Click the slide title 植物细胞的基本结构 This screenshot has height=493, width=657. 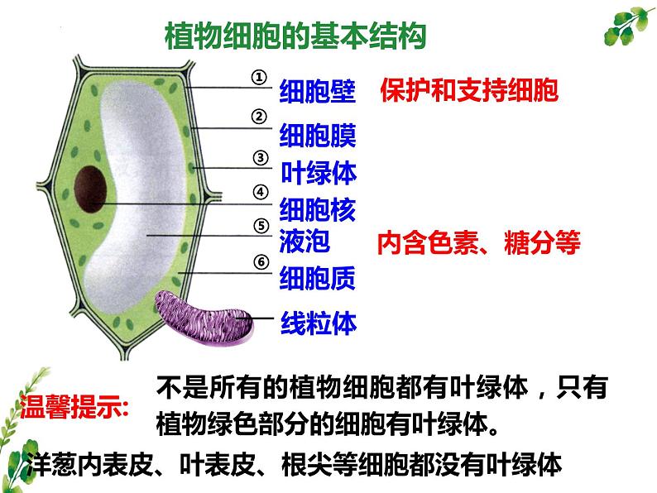[295, 37]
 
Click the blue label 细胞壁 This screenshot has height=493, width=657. [319, 90]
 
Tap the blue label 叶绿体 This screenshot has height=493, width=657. [319, 172]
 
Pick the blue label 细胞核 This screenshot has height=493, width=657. [319, 209]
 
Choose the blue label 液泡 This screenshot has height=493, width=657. [305, 241]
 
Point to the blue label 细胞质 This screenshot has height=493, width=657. [319, 279]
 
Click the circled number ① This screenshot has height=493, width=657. [260, 76]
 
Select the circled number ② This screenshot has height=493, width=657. [259, 117]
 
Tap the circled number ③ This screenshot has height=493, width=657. [260, 157]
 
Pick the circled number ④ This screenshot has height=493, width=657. [261, 193]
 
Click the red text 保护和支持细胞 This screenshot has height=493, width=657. [469, 90]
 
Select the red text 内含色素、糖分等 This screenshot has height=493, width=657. [478, 242]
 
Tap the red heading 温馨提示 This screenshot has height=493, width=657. [74, 408]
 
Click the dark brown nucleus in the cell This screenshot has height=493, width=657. [89, 186]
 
